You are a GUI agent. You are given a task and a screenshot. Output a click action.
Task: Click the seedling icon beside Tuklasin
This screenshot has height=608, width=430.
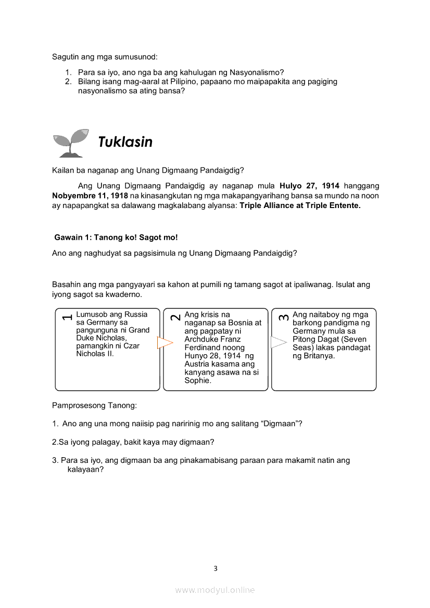pyautogui.click(x=70, y=143)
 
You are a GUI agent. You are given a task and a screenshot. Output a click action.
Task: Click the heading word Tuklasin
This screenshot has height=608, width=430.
pyautogui.click(x=125, y=142)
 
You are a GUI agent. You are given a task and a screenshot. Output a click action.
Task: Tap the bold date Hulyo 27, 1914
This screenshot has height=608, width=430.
pyautogui.click(x=309, y=186)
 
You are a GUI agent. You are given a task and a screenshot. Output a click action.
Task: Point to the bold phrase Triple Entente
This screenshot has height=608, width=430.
pyautogui.click(x=333, y=205)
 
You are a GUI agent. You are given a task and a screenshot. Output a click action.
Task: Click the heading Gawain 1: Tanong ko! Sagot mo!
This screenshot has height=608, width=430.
pyautogui.click(x=116, y=237)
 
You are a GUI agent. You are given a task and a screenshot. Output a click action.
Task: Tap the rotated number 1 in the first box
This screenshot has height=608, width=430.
pyautogui.click(x=67, y=317)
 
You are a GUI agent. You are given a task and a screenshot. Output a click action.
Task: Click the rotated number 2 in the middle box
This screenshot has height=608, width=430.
pyautogui.click(x=175, y=317)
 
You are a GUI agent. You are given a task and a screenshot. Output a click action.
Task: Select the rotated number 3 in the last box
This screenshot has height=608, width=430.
pyautogui.click(x=284, y=317)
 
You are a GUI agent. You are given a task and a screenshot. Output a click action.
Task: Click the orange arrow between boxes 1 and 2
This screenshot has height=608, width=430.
pyautogui.click(x=165, y=343)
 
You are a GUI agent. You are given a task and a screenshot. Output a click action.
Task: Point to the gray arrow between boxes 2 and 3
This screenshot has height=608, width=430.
pyautogui.click(x=279, y=342)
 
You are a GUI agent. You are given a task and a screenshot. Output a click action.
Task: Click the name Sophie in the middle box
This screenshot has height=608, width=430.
pyautogui.click(x=197, y=381)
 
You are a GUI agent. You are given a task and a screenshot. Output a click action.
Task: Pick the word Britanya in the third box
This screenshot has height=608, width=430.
pyautogui.click(x=319, y=356)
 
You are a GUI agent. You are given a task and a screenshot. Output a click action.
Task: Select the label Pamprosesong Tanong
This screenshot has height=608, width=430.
pyautogui.click(x=94, y=405)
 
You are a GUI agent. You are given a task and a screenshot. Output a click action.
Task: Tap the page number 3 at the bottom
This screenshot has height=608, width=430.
pyautogui.click(x=215, y=568)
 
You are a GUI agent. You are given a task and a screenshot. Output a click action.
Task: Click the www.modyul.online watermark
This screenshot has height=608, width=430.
pyautogui.click(x=215, y=590)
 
